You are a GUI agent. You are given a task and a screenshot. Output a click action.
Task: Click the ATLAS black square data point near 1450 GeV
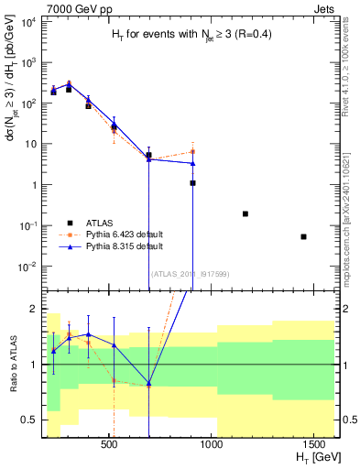(303, 236)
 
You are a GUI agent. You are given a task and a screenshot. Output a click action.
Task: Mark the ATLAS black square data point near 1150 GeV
(245, 213)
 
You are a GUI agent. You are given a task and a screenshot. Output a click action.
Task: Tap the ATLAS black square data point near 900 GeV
(192, 183)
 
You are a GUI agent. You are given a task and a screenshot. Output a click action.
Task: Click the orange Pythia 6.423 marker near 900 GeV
(192, 151)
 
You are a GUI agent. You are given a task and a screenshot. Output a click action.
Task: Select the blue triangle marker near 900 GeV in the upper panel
(192, 164)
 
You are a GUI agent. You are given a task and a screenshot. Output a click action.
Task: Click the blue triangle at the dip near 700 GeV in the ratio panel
(148, 383)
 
